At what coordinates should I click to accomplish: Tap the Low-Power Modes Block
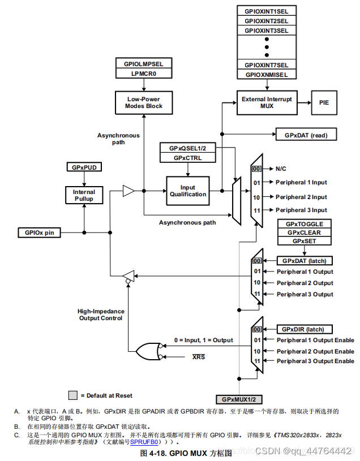(x=144, y=102)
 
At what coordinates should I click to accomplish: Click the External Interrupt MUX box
(x=267, y=102)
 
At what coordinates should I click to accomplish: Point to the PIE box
(x=324, y=103)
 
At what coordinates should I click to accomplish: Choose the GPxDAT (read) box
(x=306, y=135)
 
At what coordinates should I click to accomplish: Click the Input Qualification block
(x=187, y=191)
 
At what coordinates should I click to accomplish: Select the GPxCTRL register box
(x=187, y=158)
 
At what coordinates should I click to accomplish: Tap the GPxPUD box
(x=84, y=168)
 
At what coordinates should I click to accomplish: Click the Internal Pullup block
(x=84, y=196)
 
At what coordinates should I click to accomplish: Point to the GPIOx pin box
(x=40, y=232)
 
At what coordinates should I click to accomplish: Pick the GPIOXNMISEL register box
(x=266, y=75)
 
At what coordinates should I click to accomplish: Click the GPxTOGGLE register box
(x=305, y=224)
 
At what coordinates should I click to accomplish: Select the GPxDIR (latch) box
(x=304, y=329)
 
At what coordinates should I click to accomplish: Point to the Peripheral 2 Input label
(x=301, y=197)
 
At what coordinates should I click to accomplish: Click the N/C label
(x=281, y=169)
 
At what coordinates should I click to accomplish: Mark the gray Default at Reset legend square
(x=73, y=395)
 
